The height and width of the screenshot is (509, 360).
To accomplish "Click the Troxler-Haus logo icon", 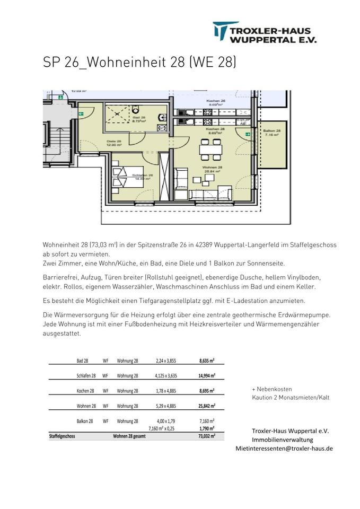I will point(221,32).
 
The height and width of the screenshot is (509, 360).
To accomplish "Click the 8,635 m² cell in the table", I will point(207,361).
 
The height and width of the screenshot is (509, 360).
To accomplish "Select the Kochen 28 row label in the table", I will point(85,391).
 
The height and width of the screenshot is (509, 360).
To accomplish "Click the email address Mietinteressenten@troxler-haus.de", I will point(284,448).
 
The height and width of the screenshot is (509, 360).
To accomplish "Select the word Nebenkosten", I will point(275,389).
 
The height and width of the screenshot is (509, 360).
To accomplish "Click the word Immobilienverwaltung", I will point(282,440).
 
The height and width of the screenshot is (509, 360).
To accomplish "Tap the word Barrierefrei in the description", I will point(60,277).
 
